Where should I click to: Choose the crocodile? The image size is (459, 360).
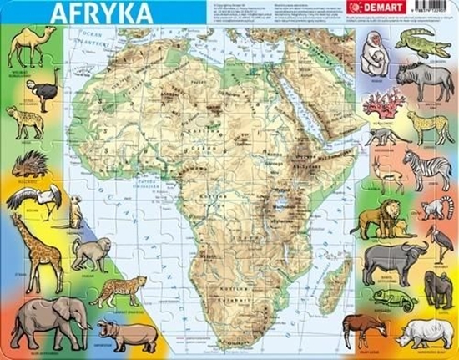tap(422, 43)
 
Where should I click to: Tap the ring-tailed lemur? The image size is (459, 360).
tap(433, 208)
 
